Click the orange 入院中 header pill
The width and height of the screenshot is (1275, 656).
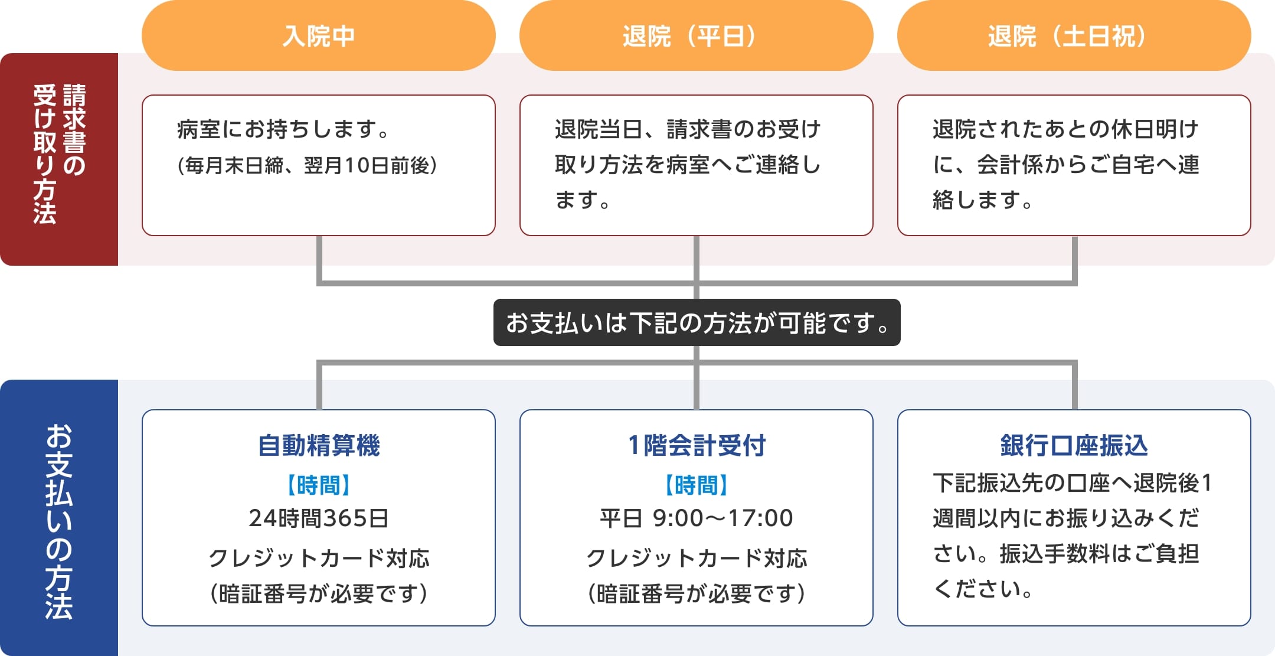pos(319,35)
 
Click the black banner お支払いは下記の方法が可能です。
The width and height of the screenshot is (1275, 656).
pos(697,322)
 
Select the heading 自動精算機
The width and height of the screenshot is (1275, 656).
pos(319,445)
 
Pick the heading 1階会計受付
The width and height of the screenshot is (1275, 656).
pos(697,445)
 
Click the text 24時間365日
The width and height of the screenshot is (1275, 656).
pos(319,518)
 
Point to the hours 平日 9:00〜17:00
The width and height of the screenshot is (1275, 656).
pos(697,518)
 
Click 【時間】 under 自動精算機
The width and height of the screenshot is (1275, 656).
pos(319,485)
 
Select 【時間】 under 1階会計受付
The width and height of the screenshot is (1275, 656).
pos(697,485)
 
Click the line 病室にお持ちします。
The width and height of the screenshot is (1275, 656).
pos(283,129)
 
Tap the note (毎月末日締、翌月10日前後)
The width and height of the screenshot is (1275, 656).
pos(307,165)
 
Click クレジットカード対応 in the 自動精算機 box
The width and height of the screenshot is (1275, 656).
pos(319,558)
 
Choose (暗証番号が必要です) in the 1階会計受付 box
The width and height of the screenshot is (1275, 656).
pos(697,593)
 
